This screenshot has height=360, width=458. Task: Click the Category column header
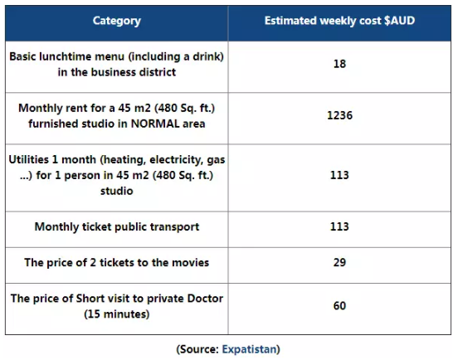[x=116, y=21]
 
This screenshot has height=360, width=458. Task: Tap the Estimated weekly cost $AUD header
[x=339, y=21]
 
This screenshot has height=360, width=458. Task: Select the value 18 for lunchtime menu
[x=339, y=64]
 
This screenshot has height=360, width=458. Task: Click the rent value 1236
[x=339, y=115]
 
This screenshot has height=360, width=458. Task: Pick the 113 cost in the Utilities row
[x=339, y=175]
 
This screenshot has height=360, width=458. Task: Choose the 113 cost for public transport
[x=339, y=226]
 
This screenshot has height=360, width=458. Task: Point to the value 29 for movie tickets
[x=339, y=262]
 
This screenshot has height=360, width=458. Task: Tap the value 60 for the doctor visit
[x=339, y=306]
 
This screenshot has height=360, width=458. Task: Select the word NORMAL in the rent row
[x=155, y=124]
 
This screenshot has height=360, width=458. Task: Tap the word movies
[x=191, y=262]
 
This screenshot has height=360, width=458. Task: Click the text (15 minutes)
[x=116, y=314]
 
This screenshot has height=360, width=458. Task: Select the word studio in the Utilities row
[x=117, y=191]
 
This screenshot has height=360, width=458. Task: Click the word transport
[x=179, y=226]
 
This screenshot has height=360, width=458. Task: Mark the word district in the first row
[x=158, y=72]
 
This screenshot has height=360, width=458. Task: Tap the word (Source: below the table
[x=197, y=349]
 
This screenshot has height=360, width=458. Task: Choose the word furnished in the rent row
[x=53, y=124]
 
